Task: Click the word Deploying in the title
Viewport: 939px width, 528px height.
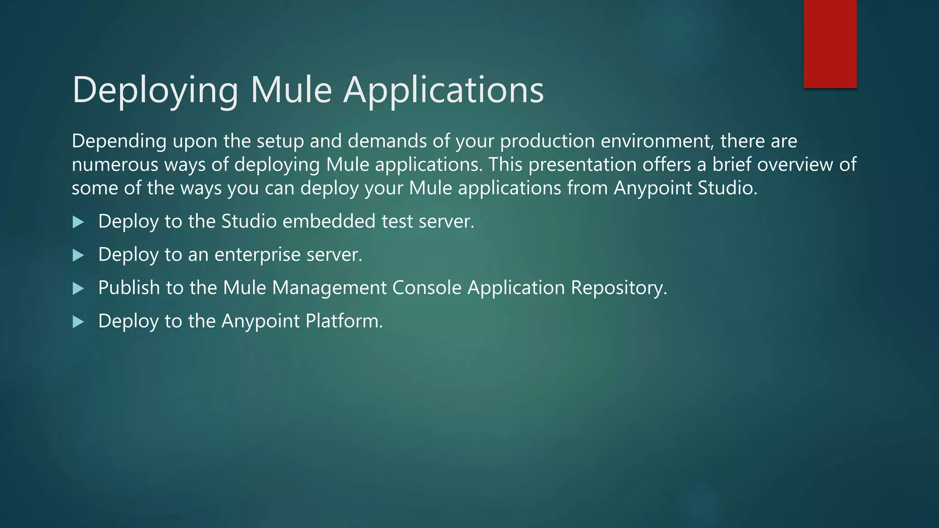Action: [x=155, y=90]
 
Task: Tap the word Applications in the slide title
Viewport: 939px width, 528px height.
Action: [x=443, y=90]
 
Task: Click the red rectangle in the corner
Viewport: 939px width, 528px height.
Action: [x=830, y=44]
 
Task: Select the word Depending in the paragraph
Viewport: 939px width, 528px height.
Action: [x=119, y=141]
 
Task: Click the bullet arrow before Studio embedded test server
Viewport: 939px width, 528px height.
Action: [x=78, y=222]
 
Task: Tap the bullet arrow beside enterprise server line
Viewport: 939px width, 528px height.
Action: [x=78, y=255]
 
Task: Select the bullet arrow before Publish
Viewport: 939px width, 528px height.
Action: [x=78, y=289]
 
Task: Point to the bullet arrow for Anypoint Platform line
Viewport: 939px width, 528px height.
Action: [x=78, y=322]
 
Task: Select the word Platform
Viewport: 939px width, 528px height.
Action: [x=343, y=321]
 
